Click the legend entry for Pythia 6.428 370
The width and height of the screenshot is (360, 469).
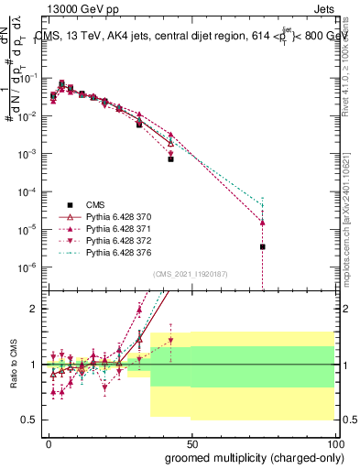pos(111,215)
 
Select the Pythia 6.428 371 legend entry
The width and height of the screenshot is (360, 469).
pos(111,227)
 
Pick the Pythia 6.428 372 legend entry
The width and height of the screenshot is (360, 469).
pos(111,239)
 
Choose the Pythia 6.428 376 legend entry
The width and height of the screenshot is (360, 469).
pos(111,251)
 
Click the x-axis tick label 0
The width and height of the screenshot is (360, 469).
pos(49,443)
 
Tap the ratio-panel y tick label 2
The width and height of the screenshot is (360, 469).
pos(34,309)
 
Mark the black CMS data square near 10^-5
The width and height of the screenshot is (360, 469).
pos(263,246)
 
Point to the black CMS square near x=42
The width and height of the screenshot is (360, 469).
pos(170,158)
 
